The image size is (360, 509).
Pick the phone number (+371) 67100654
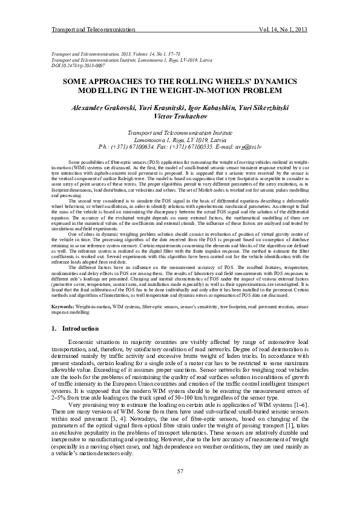click(143, 147)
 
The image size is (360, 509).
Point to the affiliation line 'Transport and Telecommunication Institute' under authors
click(180, 132)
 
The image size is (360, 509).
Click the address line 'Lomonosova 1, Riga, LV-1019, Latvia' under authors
click(180, 140)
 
